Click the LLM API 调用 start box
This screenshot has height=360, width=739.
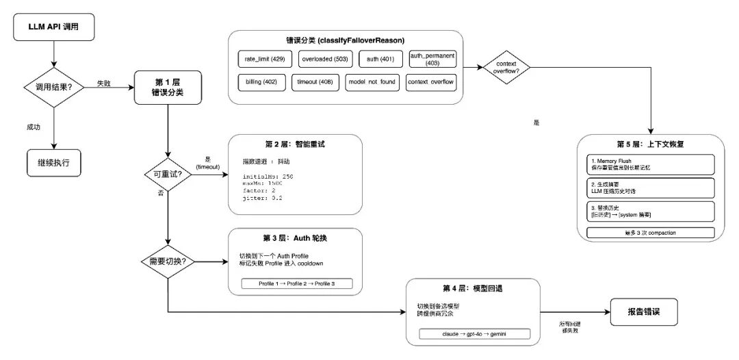click(53, 27)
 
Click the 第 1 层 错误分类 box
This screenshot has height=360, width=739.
click(168, 88)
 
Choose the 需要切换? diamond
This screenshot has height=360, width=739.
click(168, 261)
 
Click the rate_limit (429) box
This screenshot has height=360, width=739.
click(263, 60)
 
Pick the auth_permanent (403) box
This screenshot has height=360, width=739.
click(432, 60)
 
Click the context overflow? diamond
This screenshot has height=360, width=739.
click(506, 68)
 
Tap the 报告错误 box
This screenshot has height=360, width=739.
click(645, 311)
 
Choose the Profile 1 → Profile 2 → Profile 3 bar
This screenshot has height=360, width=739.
click(297, 284)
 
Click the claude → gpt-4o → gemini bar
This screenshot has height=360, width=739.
click(476, 334)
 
